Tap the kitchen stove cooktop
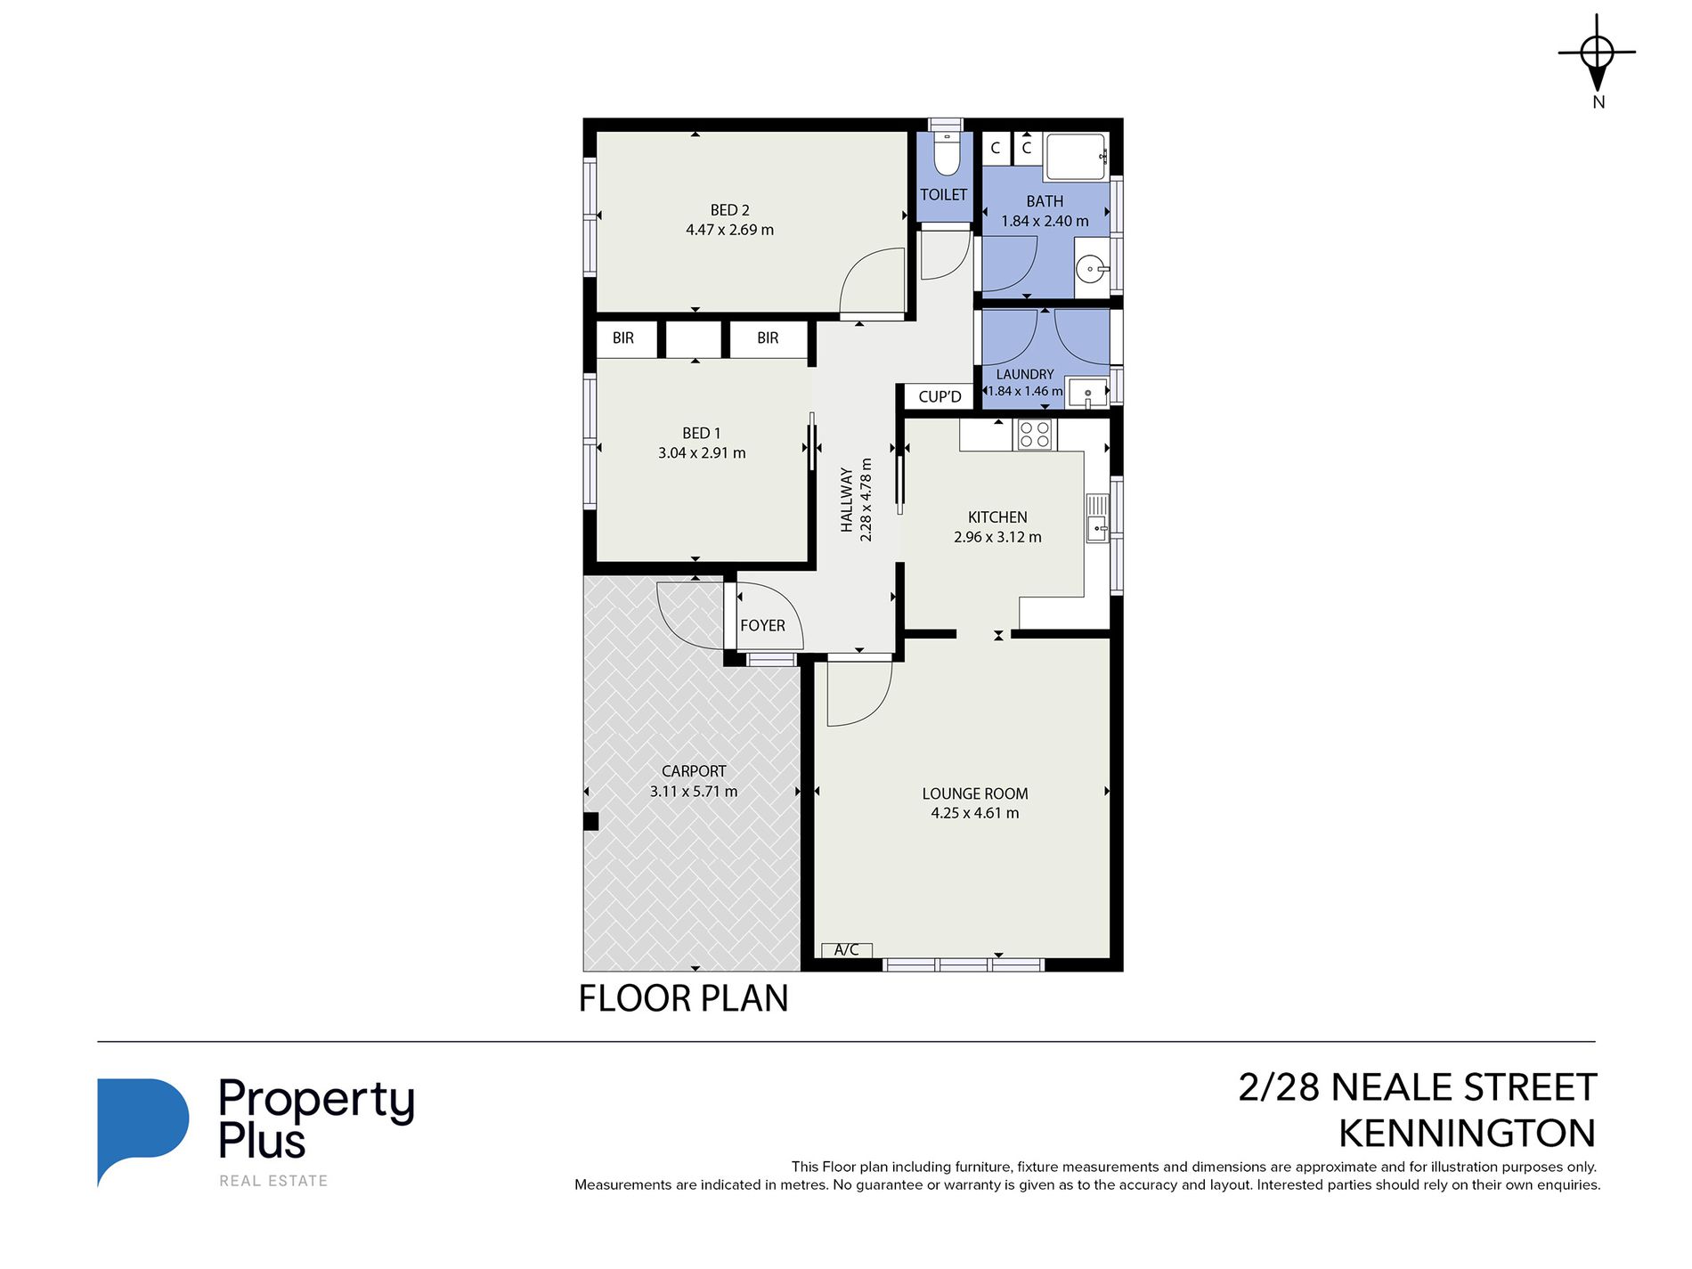(1034, 435)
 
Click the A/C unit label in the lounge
(846, 950)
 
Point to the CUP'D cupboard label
(940, 397)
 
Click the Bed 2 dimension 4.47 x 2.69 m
(729, 230)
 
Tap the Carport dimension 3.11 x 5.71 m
(694, 792)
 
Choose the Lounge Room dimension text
(975, 813)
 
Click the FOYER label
(763, 626)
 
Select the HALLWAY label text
(847, 500)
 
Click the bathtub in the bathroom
(1077, 157)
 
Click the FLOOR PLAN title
(683, 998)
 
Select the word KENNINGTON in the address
(1467, 1134)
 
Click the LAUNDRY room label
(1025, 375)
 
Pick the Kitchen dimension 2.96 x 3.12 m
(997, 537)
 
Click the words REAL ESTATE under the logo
(274, 1181)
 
